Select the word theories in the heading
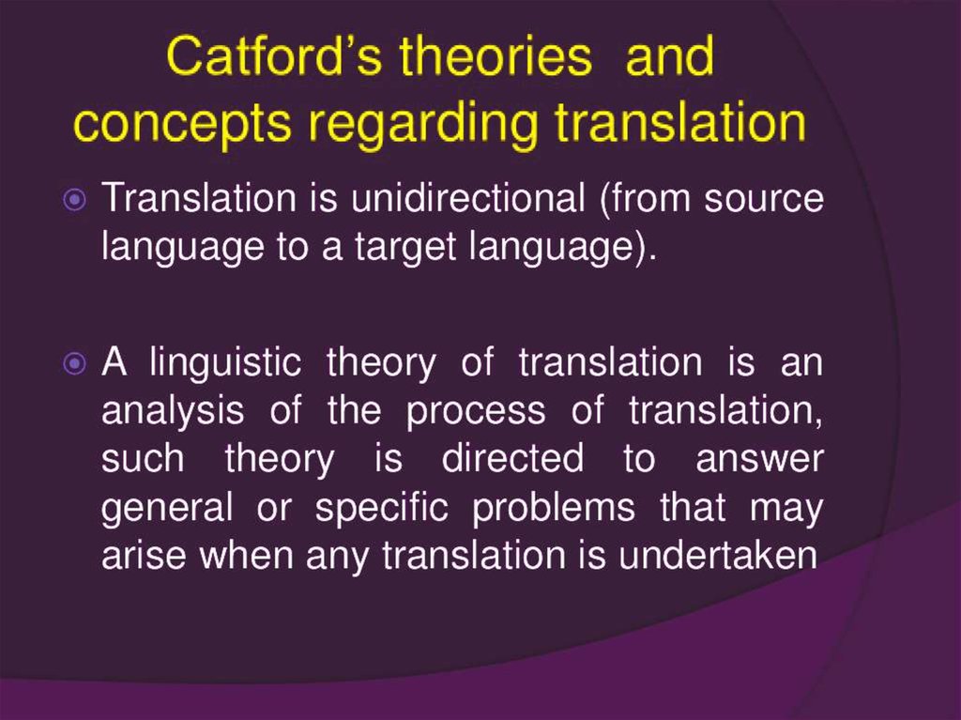(x=496, y=56)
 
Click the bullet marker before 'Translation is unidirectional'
(x=75, y=199)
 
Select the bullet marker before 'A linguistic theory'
(x=75, y=363)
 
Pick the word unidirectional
(x=468, y=198)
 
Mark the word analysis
(x=173, y=412)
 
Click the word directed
(x=512, y=459)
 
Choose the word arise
(x=144, y=555)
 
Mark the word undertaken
(x=718, y=555)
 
